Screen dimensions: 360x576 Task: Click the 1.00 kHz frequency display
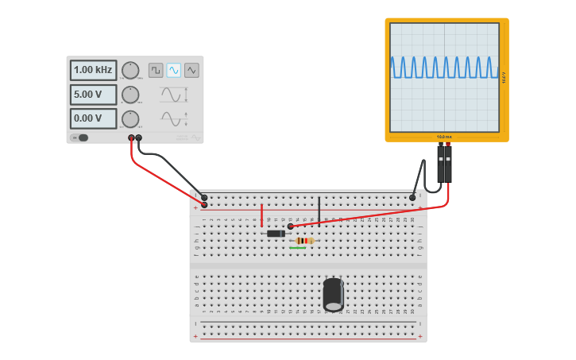point(93,70)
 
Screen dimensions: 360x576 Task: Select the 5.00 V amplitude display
point(93,95)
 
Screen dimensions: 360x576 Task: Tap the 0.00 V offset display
point(93,118)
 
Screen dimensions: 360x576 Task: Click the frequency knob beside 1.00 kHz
point(130,70)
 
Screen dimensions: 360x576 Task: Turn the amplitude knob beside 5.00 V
point(130,95)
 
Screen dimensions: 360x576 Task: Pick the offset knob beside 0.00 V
point(130,118)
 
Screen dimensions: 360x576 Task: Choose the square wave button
point(156,70)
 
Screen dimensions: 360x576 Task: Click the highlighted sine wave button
point(173,70)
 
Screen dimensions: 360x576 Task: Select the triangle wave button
point(191,70)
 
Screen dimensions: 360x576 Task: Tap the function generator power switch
point(80,137)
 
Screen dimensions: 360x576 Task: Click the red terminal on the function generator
point(131,138)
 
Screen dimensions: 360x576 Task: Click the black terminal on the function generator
point(139,138)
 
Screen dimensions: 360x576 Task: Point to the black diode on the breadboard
point(276,234)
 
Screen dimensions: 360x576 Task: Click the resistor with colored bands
point(303,241)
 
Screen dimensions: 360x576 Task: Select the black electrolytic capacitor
point(333,294)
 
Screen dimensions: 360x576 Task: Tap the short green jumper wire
point(298,248)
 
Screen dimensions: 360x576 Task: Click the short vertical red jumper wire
point(261,215)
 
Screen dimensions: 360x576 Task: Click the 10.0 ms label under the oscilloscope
point(444,137)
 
